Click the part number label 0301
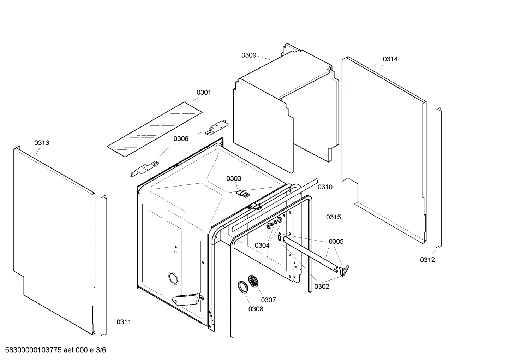coord(204,93)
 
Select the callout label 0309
coord(248,55)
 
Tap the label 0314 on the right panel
coord(390,59)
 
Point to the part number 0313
coord(42,143)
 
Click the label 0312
coord(427,260)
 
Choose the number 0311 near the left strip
coord(124,322)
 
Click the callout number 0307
coord(268,300)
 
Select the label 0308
coord(256,309)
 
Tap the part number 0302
coord(322,287)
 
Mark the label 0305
coord(336,242)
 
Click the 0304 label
coord(262,246)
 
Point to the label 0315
coord(333,217)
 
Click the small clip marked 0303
coord(242,193)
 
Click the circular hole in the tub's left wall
coord(173,278)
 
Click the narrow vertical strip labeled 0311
coord(104,265)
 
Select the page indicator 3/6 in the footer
coord(101,350)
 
